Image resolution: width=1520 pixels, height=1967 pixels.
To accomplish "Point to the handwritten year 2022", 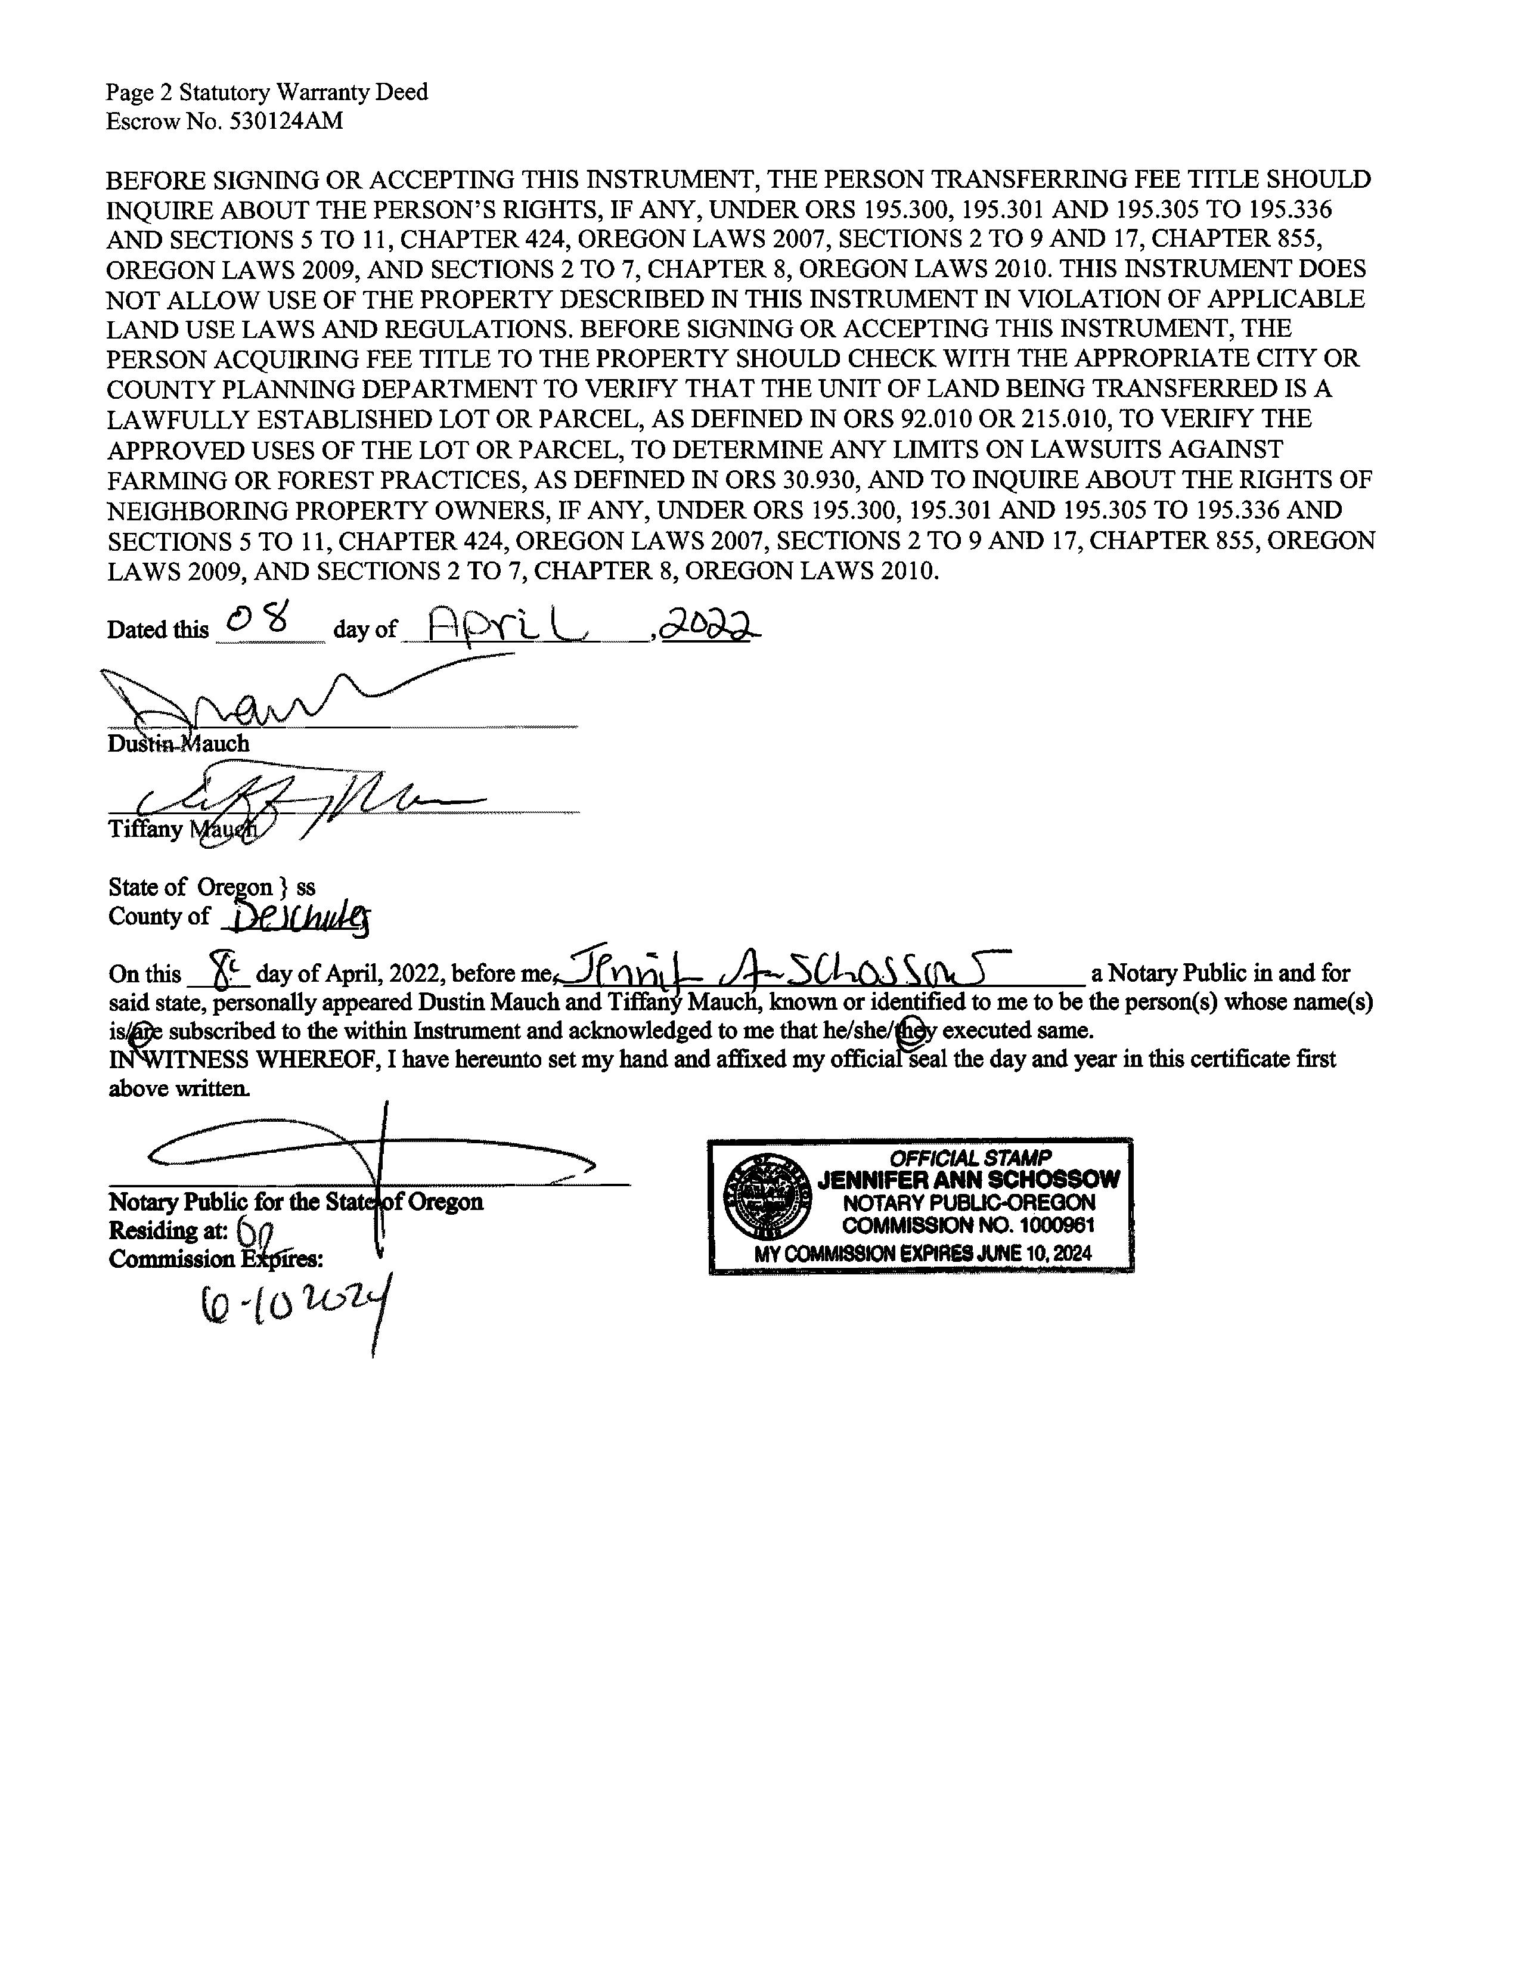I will coord(711,624).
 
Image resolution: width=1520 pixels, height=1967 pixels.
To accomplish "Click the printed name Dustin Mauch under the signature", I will coord(178,744).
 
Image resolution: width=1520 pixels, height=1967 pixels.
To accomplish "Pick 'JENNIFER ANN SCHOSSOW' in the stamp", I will coord(968,1180).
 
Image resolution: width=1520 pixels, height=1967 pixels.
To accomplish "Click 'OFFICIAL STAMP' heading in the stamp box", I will coord(970,1158).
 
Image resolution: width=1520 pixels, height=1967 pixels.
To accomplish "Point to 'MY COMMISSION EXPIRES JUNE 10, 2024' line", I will coord(922,1254).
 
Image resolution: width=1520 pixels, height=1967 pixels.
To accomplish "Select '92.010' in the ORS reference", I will coord(938,420).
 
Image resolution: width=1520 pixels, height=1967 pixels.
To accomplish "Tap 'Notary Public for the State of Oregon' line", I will coord(295,1202).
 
